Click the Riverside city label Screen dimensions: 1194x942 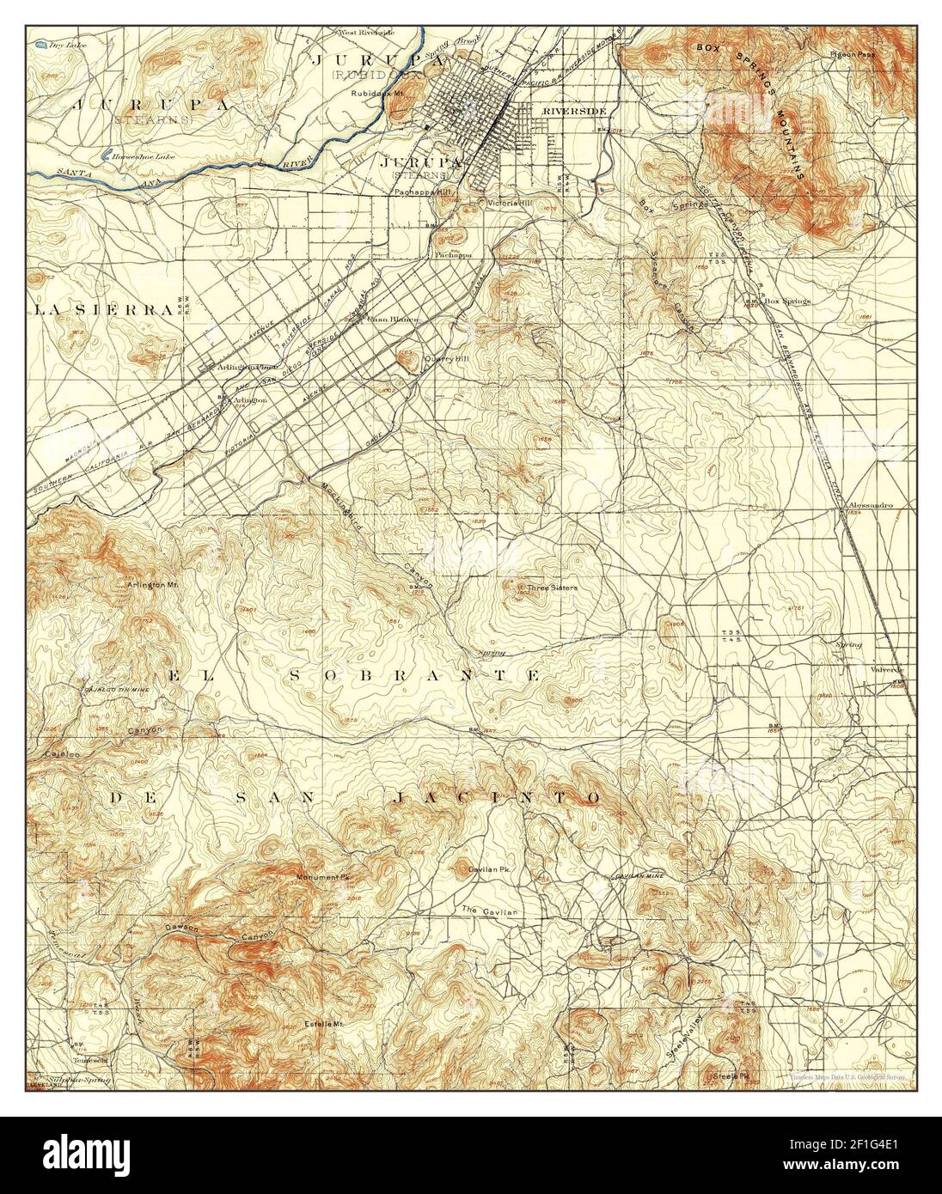click(x=574, y=112)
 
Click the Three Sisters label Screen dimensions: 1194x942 click(x=553, y=588)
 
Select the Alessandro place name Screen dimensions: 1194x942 click(x=870, y=505)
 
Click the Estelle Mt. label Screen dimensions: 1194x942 click(x=324, y=1024)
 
